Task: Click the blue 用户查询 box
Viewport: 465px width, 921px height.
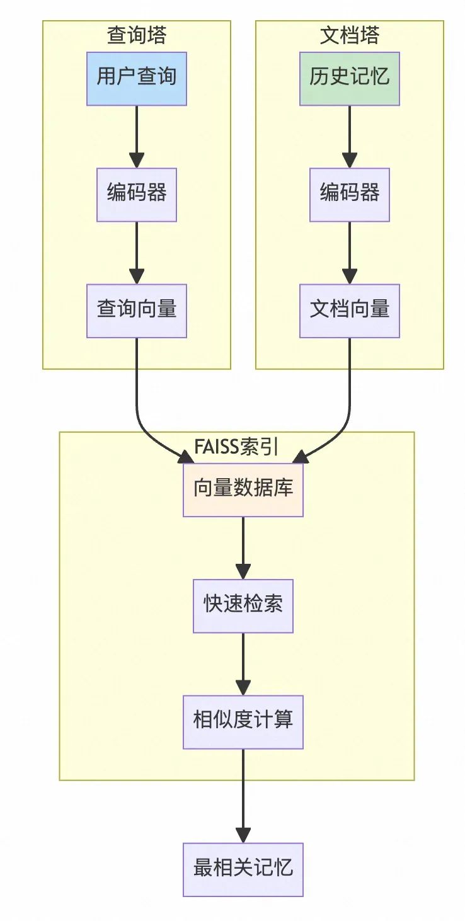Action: click(137, 78)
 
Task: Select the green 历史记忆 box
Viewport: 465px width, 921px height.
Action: click(350, 78)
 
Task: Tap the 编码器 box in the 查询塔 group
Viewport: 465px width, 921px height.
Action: click(137, 194)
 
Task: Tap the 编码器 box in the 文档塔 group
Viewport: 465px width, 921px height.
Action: click(350, 194)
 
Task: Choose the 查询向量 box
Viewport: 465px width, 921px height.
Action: click(137, 311)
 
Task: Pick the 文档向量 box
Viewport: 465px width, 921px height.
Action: click(350, 311)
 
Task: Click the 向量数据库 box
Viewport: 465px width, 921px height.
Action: click(243, 489)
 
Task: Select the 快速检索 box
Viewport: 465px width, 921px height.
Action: click(243, 605)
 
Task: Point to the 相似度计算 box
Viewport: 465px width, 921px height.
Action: click(243, 721)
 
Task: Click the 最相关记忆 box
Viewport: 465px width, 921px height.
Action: click(243, 869)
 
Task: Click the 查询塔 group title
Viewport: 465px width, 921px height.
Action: click(137, 35)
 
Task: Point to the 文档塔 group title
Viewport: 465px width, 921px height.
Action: click(350, 35)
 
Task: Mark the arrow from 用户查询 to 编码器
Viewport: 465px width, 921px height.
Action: click(137, 135)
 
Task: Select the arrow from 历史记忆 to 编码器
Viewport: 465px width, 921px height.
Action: click(350, 135)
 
